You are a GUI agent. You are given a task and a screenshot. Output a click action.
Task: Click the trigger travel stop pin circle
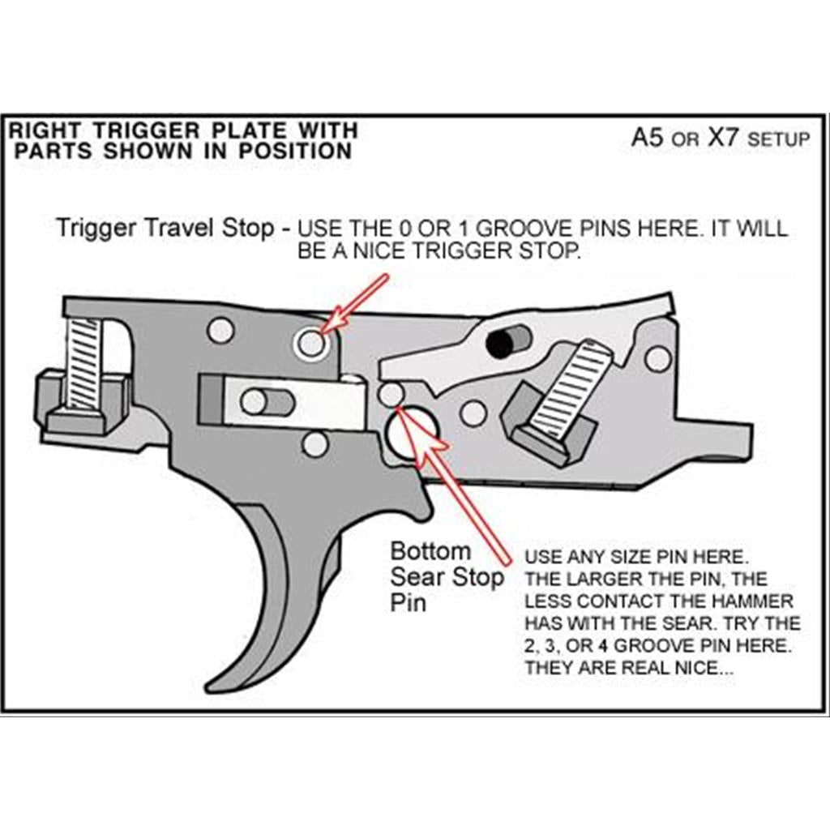tap(310, 344)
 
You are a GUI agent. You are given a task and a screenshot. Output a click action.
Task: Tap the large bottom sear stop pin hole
tap(411, 432)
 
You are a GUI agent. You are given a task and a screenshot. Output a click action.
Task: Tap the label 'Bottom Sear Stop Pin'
tap(447, 576)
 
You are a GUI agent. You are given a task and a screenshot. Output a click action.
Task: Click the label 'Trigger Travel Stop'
tap(165, 228)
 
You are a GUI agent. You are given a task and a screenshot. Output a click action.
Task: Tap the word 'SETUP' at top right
tap(778, 139)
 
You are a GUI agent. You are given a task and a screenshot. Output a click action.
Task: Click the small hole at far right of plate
tap(658, 358)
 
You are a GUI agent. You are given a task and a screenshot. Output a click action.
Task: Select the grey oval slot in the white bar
tap(267, 401)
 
